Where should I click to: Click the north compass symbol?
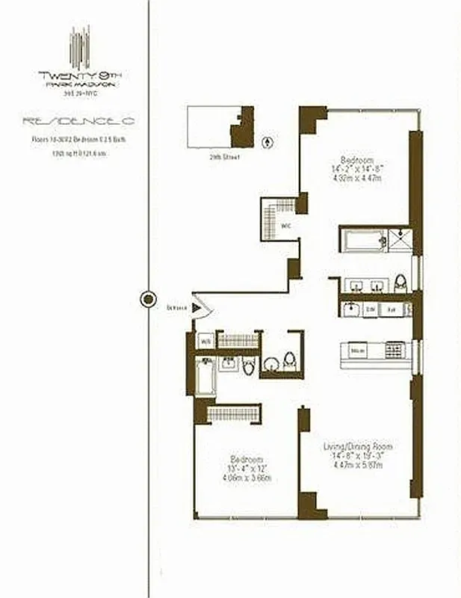(x=267, y=141)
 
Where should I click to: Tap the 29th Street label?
(x=223, y=157)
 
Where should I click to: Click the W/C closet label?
(x=285, y=224)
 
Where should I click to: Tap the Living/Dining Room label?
(x=357, y=447)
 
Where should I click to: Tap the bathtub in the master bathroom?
(x=362, y=240)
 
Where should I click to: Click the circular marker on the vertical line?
(x=148, y=300)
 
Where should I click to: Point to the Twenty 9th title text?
(x=79, y=74)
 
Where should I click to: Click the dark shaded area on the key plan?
(x=242, y=129)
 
